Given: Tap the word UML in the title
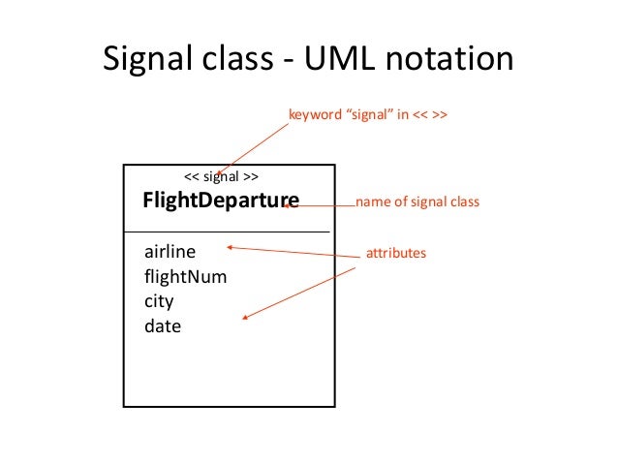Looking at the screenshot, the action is click(339, 58).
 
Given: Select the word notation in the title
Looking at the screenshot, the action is click(449, 58).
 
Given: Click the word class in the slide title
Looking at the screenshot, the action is click(237, 58).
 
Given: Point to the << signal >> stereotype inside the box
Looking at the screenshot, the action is click(221, 176).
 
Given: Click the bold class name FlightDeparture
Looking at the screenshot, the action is click(221, 201).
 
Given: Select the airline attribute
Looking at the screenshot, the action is click(170, 252).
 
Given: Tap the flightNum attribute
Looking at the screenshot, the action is click(186, 276).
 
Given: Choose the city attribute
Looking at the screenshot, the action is click(159, 301).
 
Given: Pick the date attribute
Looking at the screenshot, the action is click(163, 326).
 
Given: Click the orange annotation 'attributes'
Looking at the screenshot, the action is click(396, 253).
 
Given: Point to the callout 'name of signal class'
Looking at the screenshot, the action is click(417, 201).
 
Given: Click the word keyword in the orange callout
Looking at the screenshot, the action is click(316, 114).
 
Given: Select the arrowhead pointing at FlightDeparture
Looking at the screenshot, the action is click(286, 205).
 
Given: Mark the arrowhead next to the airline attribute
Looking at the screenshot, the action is click(230, 247).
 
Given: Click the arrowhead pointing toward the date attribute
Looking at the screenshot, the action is click(245, 317).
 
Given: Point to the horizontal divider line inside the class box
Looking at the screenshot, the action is click(227, 232).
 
